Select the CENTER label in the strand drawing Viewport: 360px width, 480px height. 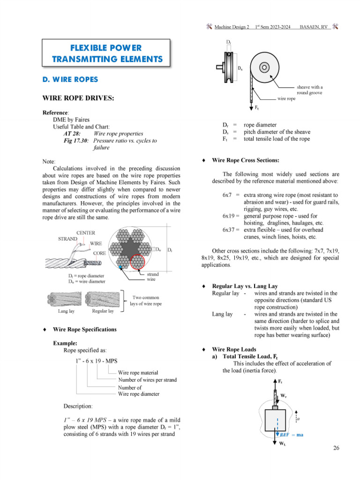(x=86, y=232)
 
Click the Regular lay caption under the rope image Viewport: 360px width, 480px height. (x=103, y=311)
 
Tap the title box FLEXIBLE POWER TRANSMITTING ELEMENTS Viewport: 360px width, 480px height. (x=107, y=53)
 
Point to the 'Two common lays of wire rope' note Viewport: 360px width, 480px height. (x=146, y=300)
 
